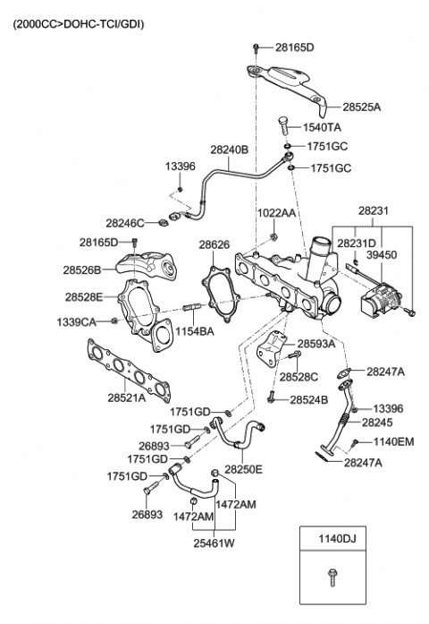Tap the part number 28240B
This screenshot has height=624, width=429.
point(229,150)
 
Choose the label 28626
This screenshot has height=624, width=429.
point(214,244)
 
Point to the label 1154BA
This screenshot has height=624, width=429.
point(195,331)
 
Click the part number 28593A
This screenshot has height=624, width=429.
point(316,343)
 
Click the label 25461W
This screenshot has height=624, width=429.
point(214,542)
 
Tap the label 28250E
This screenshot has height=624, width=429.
point(244,468)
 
